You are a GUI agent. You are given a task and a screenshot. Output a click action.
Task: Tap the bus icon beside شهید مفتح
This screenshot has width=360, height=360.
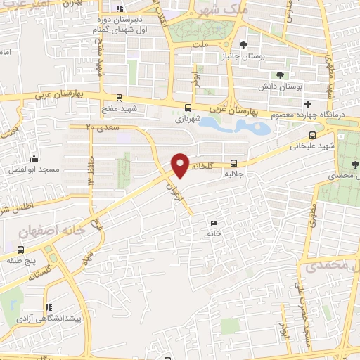coord(119,98)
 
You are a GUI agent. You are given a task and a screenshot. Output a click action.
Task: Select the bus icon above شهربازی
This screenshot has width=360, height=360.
coord(188,108)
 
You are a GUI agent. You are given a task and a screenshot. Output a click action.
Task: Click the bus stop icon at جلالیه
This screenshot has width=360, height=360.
coord(233,160)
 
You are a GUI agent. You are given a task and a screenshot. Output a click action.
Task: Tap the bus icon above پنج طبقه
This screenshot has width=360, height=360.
coord(20,249)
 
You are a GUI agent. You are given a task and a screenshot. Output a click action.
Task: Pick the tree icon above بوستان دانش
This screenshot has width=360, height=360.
coord(281,75)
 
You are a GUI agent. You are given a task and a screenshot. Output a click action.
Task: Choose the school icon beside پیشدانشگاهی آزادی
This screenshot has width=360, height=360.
coord(49,308)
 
